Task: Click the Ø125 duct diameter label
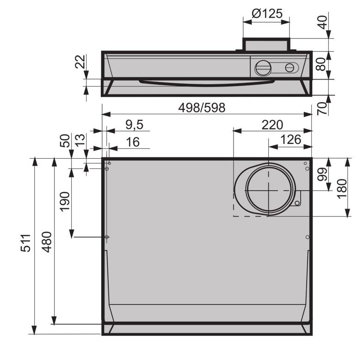267,14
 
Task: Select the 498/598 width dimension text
202,108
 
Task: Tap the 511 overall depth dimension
26,243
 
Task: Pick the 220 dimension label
272,125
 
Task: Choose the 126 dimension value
290,140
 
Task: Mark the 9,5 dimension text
135,125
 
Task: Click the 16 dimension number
133,142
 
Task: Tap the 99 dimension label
322,174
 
